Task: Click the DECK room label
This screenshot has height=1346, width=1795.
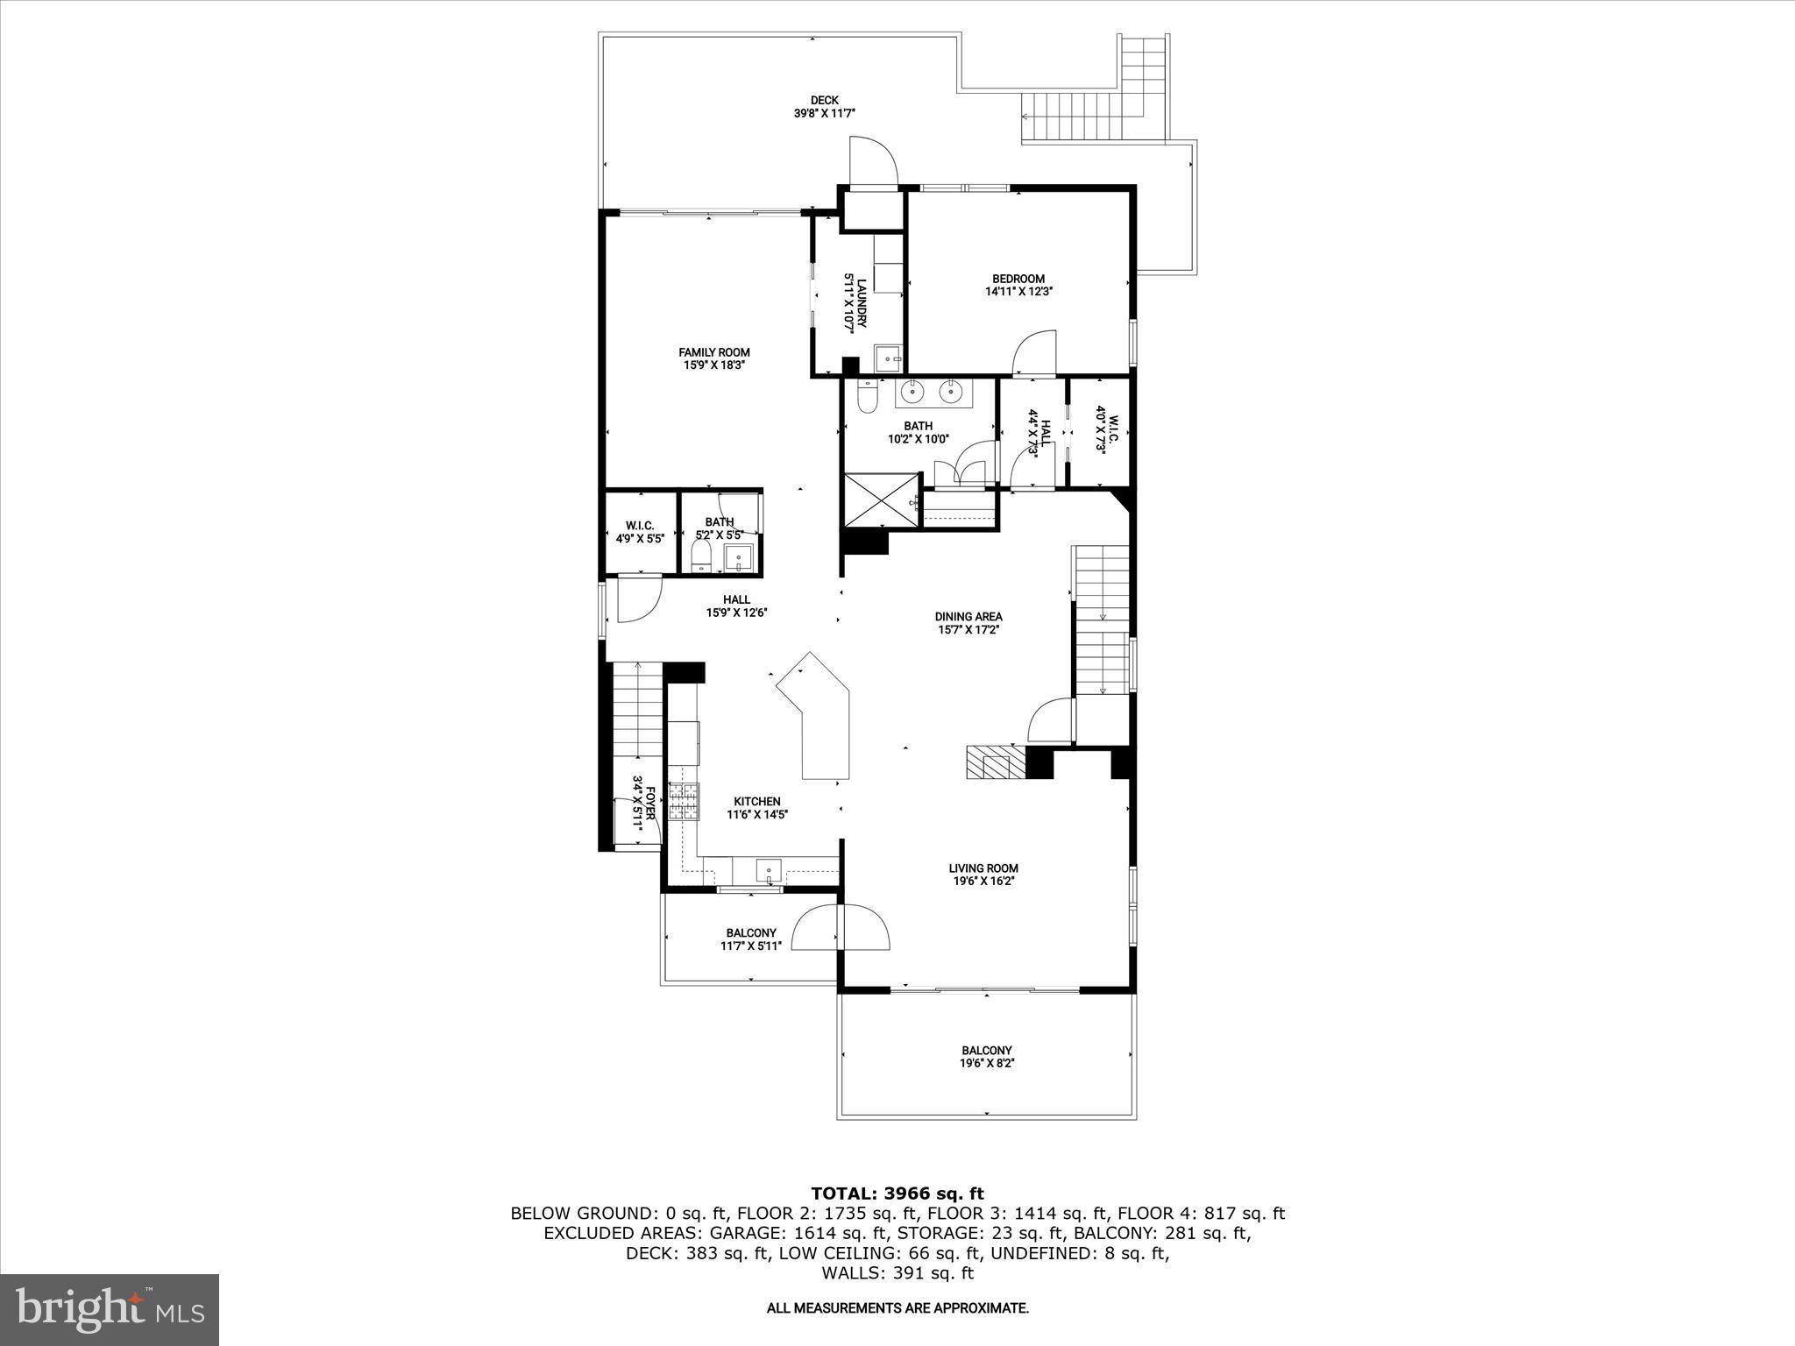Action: click(824, 100)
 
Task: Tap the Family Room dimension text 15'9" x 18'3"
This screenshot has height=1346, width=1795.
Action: click(714, 365)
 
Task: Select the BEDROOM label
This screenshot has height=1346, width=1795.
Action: click(1018, 279)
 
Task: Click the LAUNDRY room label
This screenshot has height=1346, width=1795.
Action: click(862, 302)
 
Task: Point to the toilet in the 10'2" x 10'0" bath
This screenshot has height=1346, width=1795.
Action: click(866, 399)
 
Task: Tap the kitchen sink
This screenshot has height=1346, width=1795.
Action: click(769, 871)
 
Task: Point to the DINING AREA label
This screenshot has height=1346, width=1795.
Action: click(968, 616)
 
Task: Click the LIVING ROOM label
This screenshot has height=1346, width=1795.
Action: click(983, 868)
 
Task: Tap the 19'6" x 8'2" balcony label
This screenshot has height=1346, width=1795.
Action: click(987, 1056)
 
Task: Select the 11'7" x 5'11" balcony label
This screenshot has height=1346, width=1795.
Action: click(750, 939)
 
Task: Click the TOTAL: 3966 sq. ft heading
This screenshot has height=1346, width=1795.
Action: click(897, 1194)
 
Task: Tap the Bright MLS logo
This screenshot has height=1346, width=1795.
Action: click(110, 1309)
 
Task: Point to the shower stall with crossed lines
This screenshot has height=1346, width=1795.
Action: click(879, 500)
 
